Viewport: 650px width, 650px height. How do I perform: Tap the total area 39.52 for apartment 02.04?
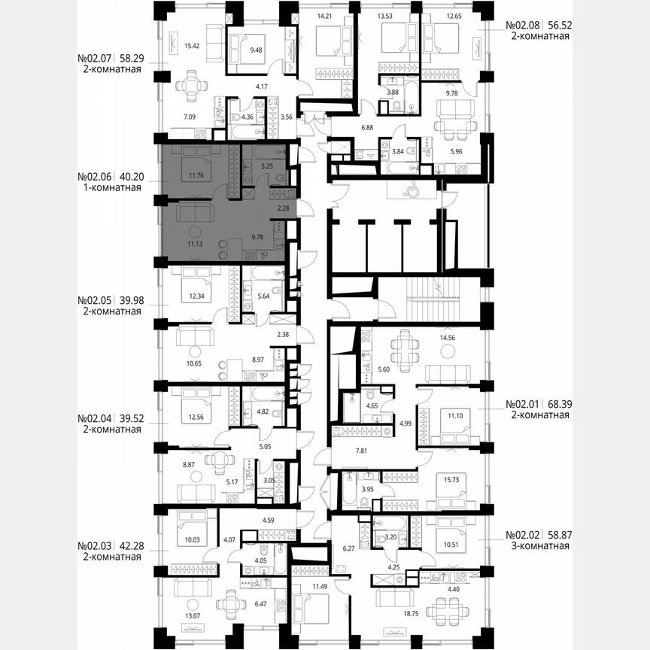(126, 418)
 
